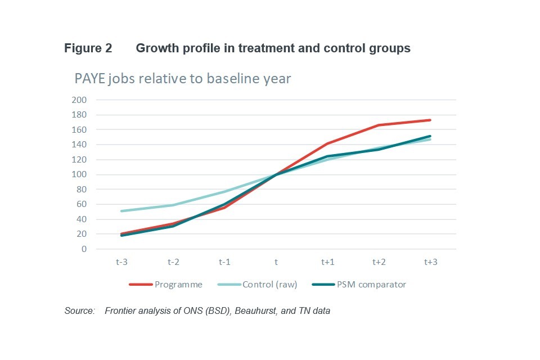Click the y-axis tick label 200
(x=79, y=100)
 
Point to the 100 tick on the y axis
(x=79, y=174)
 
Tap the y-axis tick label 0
(x=83, y=249)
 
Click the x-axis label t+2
(x=379, y=262)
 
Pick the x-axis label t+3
(x=430, y=262)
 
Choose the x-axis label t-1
(x=224, y=262)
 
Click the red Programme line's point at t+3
(x=430, y=120)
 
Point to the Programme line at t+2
(x=379, y=125)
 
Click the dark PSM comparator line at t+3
(x=430, y=136)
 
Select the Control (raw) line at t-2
(x=172, y=205)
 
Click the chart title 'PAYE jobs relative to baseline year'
(x=183, y=78)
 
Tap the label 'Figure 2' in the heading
(x=88, y=48)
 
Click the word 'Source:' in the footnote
(x=79, y=310)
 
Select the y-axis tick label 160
(x=79, y=130)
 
